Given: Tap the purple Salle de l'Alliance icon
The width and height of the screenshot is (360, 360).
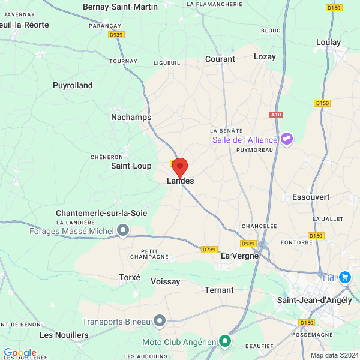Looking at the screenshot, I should [x=287, y=139].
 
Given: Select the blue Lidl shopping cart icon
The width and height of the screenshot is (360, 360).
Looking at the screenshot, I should [x=344, y=277].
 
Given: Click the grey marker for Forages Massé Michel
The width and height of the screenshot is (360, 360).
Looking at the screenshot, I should [x=123, y=230].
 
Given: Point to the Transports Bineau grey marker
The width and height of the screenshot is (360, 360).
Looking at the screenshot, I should [x=159, y=322].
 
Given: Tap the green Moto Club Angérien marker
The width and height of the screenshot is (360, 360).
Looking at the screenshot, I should [x=225, y=342].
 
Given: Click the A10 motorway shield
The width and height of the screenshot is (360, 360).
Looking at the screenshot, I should [x=276, y=114].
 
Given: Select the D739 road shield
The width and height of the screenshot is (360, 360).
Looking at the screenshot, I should [x=209, y=250].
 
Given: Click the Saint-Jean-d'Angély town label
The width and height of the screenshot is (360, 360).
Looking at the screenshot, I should [x=314, y=300].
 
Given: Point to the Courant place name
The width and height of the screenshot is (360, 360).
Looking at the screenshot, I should [x=220, y=59].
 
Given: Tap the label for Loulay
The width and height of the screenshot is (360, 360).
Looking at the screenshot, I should [x=328, y=42].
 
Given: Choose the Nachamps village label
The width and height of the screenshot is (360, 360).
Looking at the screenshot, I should [x=131, y=117].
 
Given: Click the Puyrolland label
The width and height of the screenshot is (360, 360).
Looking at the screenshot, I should [x=73, y=85].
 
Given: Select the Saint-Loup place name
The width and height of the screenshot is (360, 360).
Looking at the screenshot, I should [x=131, y=165].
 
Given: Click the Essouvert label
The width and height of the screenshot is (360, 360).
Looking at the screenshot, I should [x=311, y=197].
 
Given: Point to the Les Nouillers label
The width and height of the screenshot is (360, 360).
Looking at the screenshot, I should [x=64, y=334].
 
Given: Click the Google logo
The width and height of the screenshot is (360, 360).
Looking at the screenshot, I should [x=20, y=353].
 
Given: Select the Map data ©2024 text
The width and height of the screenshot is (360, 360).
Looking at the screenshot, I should [x=334, y=355].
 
